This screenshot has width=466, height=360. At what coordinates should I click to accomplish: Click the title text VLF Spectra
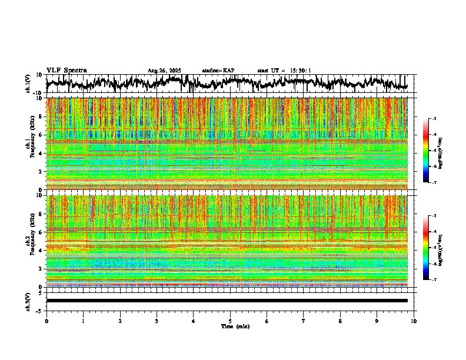pos(66,70)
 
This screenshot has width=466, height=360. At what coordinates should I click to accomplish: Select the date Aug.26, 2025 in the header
pos(164,71)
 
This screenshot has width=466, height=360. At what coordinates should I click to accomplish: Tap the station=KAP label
pos(218,71)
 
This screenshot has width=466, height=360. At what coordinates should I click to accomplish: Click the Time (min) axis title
pos(235,326)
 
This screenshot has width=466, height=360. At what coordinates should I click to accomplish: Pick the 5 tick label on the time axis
pos(230,321)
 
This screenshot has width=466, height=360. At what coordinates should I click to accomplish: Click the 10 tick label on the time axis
pos(414,321)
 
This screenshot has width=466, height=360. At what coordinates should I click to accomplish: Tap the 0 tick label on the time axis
pos(46,321)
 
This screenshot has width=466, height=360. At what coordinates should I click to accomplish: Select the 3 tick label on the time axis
pos(157,321)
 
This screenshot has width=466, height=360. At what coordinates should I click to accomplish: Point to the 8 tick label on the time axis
pos(340,321)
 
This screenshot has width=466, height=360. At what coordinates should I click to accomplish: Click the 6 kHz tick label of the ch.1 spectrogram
pos(41,135)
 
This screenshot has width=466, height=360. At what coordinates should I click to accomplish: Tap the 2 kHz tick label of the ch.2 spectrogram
pos(41,269)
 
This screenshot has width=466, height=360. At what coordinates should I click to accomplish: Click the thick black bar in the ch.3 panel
pos(227,301)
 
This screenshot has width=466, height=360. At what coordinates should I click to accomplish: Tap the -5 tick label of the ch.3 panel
pos(39,310)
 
